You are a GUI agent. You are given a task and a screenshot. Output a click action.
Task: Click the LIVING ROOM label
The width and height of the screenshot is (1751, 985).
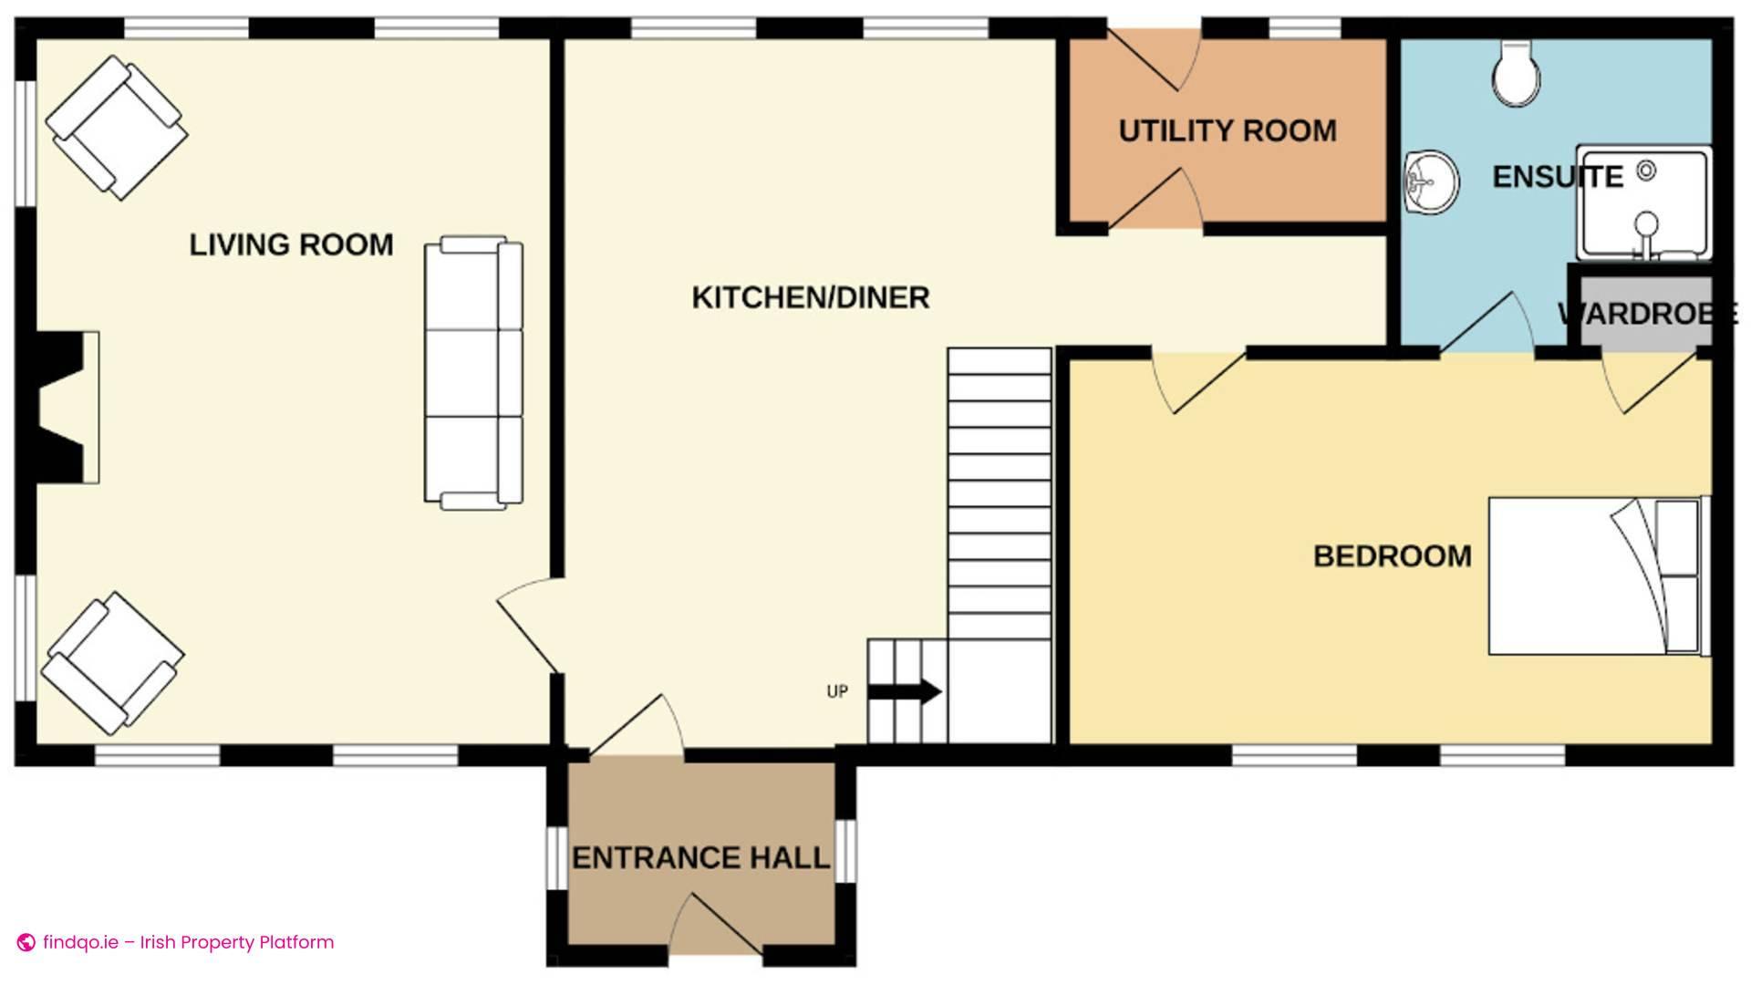[x=291, y=244]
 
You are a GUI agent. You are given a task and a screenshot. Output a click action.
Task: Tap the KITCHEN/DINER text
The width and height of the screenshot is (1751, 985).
[x=810, y=297]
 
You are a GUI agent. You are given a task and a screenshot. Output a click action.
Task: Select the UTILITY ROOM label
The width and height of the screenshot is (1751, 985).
[x=1227, y=131]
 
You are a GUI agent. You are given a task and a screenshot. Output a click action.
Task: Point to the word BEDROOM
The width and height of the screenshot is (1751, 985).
[x=1392, y=556]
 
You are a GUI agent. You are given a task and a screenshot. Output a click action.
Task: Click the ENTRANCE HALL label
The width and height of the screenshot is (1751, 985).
[x=700, y=858]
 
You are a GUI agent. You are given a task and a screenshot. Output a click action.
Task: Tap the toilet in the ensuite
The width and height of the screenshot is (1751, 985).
[x=1516, y=73]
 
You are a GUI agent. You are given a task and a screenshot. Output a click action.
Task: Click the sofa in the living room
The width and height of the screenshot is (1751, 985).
[x=473, y=372]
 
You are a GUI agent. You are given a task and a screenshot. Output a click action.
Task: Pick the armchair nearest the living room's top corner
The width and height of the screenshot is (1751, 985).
[x=116, y=128]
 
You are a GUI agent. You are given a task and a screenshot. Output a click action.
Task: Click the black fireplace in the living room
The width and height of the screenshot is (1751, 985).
[x=60, y=407]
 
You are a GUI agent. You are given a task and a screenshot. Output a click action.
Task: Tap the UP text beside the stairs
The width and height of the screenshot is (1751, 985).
[x=836, y=691]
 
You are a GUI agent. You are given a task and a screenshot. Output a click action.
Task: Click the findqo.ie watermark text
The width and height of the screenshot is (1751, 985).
[x=188, y=942]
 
